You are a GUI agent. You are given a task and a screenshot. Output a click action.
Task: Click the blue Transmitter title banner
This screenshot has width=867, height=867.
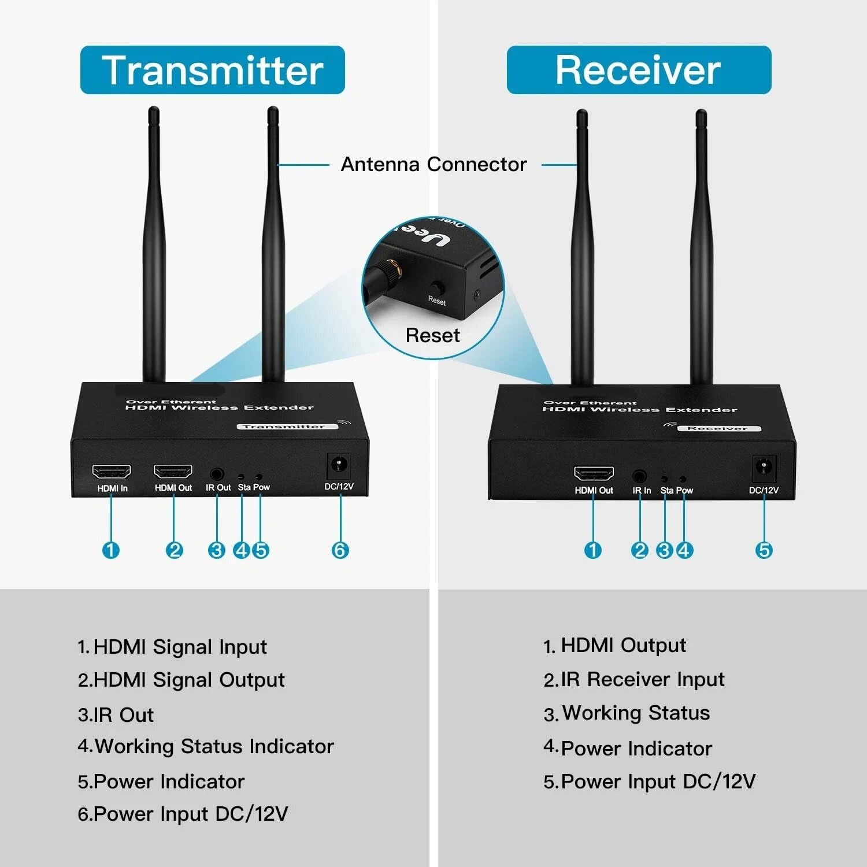(x=212, y=70)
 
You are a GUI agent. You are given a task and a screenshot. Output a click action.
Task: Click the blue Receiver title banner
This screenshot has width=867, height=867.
(x=639, y=70)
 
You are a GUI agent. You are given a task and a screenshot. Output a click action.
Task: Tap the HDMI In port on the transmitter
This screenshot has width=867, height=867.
(x=112, y=472)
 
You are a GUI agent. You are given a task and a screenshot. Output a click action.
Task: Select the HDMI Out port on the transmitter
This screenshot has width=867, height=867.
(x=173, y=472)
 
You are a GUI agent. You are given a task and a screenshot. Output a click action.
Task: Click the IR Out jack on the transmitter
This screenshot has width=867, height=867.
(x=217, y=474)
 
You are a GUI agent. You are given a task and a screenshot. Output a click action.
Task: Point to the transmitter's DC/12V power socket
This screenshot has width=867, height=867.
(x=339, y=466)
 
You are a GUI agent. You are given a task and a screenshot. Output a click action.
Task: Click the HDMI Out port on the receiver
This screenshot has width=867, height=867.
(x=594, y=473)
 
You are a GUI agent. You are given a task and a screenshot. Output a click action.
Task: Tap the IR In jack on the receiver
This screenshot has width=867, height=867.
(x=639, y=476)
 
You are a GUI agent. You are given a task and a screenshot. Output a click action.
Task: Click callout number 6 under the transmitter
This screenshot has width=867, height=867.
(x=340, y=550)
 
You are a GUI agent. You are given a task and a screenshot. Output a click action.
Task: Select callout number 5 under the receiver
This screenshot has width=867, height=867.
(x=764, y=550)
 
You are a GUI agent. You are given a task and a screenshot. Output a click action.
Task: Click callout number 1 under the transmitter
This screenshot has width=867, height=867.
(x=111, y=550)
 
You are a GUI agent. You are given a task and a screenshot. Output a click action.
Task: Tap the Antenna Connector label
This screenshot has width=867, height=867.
(x=433, y=164)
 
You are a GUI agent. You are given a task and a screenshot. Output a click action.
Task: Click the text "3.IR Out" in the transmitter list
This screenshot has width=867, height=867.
(x=116, y=715)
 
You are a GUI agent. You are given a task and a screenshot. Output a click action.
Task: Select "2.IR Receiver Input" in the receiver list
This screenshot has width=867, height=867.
(x=634, y=679)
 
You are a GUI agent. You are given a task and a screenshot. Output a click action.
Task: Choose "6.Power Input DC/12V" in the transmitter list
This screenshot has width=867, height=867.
(x=183, y=814)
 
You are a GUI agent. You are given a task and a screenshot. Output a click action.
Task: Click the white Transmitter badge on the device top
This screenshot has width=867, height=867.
(x=283, y=427)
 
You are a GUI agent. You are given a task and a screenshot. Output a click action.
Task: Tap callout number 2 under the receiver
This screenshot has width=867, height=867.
(x=640, y=550)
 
